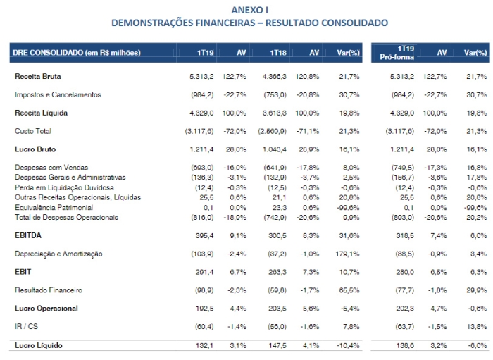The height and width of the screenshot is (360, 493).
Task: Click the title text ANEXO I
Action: pos(249,10)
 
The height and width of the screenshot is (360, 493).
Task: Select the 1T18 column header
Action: pos(278,52)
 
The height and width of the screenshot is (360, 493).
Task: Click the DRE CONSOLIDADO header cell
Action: pos(77,53)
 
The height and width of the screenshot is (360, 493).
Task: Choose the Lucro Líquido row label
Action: pos(37,345)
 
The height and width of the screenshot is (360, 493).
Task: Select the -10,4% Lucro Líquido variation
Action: pos(347,345)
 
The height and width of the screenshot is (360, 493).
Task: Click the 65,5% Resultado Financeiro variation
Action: pos(348,290)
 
